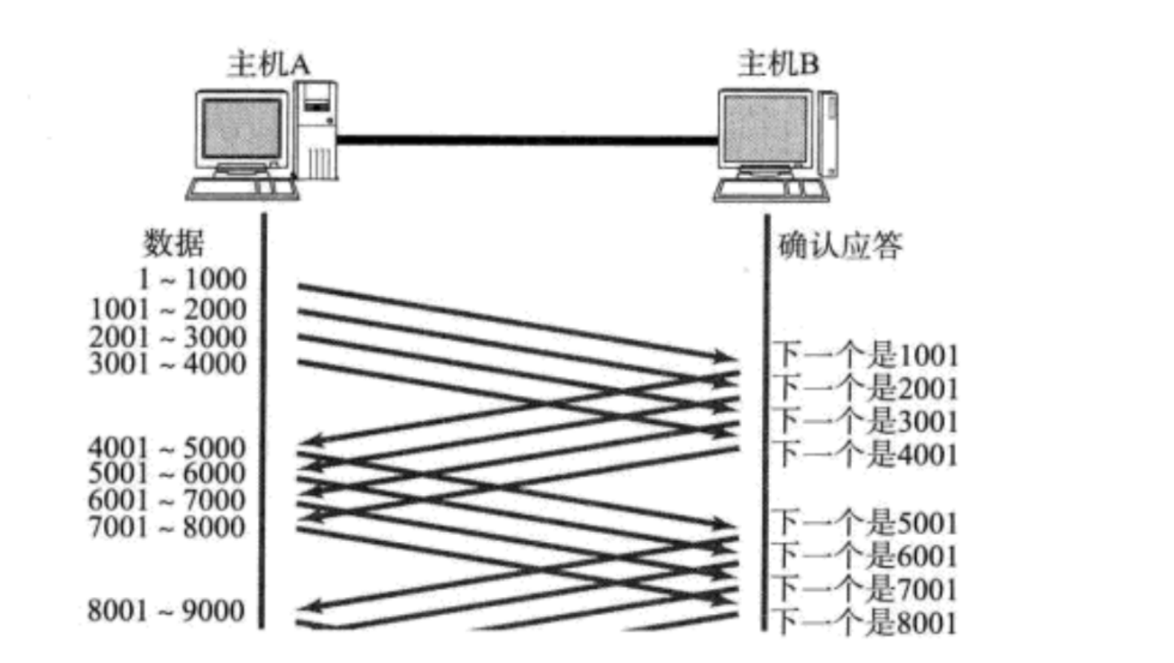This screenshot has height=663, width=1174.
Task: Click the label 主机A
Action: tap(268, 64)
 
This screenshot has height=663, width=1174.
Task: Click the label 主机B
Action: tap(778, 64)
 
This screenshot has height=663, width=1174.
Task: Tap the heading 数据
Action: tap(173, 242)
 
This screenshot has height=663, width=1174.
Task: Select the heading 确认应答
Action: tap(840, 245)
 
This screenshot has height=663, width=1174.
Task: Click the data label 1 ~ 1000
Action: tap(192, 279)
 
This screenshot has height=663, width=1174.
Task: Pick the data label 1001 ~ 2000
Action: tap(168, 308)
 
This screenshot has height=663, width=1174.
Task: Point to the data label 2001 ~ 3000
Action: tap(168, 337)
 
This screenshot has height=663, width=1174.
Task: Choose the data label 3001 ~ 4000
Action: tap(168, 364)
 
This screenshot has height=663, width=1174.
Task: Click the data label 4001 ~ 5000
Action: tap(167, 447)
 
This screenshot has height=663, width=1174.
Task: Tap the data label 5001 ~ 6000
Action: tap(167, 473)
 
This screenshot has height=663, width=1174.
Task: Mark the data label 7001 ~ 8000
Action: tap(167, 528)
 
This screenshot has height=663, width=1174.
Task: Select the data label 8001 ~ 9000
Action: tap(167, 611)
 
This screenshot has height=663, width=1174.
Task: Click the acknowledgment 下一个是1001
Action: tap(865, 355)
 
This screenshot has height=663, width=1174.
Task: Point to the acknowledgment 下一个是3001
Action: tap(865, 421)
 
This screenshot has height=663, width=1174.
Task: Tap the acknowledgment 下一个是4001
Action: tap(865, 454)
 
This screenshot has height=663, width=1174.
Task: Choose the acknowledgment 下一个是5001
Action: tap(865, 523)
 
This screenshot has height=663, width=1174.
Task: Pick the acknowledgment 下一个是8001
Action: tap(865, 622)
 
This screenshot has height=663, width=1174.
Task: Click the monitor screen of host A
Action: tap(242, 128)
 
